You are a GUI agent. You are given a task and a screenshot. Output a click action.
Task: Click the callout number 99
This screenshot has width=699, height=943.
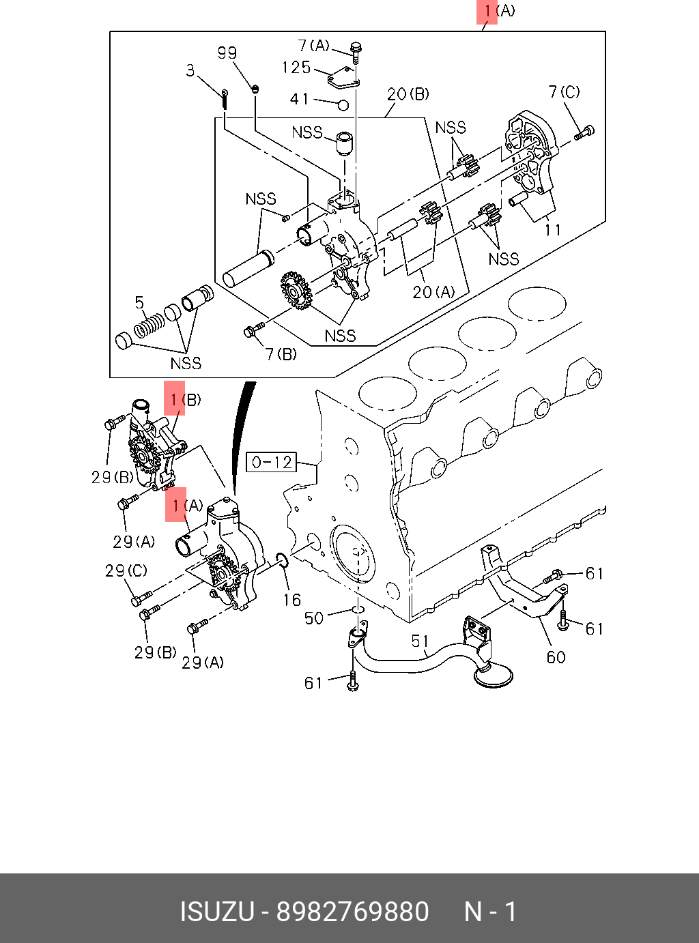[227, 53]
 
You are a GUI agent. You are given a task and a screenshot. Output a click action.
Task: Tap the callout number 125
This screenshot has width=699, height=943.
[296, 68]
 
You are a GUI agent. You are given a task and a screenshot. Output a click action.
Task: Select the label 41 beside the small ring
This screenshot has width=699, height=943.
[300, 100]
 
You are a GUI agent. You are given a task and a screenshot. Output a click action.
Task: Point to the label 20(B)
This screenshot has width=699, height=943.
[408, 94]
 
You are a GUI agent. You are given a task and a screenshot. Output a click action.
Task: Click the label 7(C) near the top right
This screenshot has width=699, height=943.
[564, 91]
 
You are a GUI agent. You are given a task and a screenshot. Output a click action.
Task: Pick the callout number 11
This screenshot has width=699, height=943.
[553, 230]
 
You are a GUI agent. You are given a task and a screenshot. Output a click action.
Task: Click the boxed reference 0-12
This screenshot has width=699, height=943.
[272, 463]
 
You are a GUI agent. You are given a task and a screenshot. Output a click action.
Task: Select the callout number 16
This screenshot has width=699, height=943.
[292, 600]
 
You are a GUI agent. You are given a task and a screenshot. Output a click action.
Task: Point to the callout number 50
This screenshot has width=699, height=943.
[314, 618]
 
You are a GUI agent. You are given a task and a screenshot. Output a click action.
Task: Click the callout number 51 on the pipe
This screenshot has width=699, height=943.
[420, 641]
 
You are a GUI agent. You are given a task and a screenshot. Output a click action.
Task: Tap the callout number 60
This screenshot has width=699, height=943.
[556, 657]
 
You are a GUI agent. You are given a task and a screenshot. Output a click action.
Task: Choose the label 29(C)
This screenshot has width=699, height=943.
[126, 570]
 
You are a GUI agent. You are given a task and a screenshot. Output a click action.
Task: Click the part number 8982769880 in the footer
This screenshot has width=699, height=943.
[352, 912]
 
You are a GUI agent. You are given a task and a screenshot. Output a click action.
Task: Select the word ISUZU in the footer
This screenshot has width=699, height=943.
[216, 912]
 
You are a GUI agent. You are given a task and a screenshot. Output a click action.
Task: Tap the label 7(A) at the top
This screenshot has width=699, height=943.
[314, 46]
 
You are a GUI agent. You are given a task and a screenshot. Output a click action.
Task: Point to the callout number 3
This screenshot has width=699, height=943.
[190, 70]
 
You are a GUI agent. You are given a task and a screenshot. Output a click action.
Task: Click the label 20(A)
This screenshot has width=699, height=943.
[433, 292]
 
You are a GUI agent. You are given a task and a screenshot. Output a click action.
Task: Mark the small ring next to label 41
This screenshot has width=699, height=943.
[343, 105]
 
